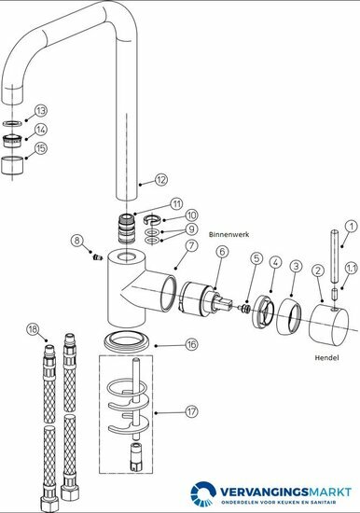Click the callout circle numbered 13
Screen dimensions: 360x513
pos(41,111)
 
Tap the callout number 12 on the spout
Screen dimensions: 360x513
pos(161,180)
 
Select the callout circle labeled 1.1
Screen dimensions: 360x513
pos(352,269)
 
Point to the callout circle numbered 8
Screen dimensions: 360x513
pos(76,241)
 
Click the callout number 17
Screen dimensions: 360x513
pos(192,411)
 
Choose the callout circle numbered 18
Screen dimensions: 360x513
pos(33,329)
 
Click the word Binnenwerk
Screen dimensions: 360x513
pos(228,234)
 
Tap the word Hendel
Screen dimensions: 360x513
pos(326,357)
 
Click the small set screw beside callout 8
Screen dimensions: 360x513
pos(97,257)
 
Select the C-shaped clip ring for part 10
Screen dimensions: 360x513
pos(152,219)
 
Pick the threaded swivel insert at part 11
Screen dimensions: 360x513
pos(127,228)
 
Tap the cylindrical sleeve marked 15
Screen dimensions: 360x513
pos(12,165)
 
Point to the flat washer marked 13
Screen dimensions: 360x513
pos(12,123)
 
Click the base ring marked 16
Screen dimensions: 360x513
pos(127,340)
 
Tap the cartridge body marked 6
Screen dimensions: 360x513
pos(198,299)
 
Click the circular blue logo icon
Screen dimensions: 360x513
pos(203,493)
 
